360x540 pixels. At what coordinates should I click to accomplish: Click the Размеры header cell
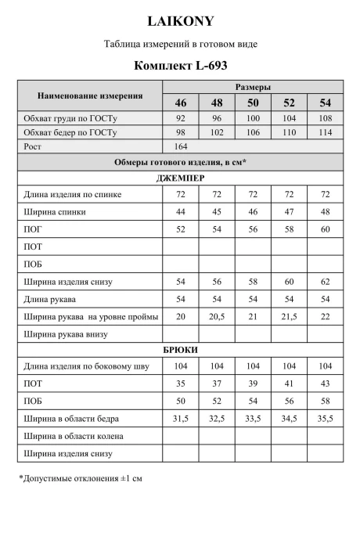[253, 87]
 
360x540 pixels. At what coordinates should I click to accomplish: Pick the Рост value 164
[181, 146]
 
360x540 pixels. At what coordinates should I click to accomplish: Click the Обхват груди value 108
[324, 118]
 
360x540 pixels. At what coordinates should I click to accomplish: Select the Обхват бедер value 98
[181, 132]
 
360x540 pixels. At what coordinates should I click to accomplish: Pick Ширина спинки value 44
[181, 212]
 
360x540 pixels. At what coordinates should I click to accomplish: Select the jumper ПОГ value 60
[324, 229]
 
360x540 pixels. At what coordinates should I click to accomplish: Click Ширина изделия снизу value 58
[253, 281]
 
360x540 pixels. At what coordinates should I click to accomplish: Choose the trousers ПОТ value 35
[181, 384]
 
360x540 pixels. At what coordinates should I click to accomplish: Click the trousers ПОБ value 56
[289, 401]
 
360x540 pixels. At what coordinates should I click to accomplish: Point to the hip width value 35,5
[324, 419]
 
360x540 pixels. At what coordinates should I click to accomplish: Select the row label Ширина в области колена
[74, 436]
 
